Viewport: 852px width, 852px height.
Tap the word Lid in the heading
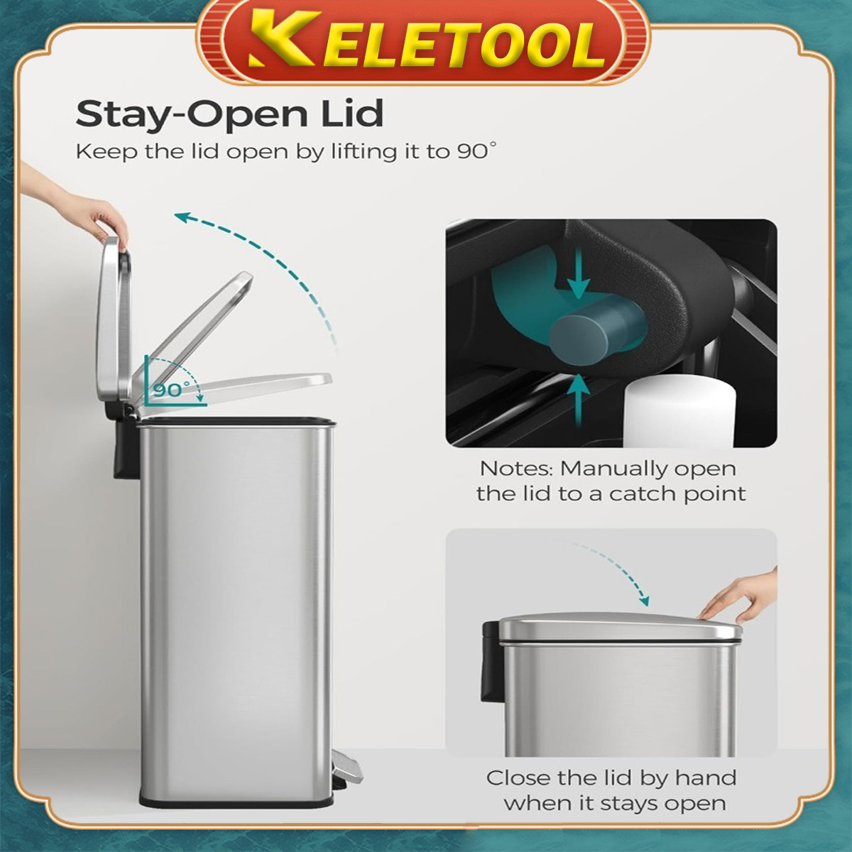pyautogui.click(x=352, y=114)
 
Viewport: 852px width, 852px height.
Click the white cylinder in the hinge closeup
pyautogui.click(x=679, y=412)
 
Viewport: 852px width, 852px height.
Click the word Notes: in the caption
pyautogui.click(x=516, y=469)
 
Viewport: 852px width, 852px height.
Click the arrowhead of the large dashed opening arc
pyautogui.click(x=183, y=217)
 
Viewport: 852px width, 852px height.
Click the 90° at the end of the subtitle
pyautogui.click(x=475, y=151)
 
